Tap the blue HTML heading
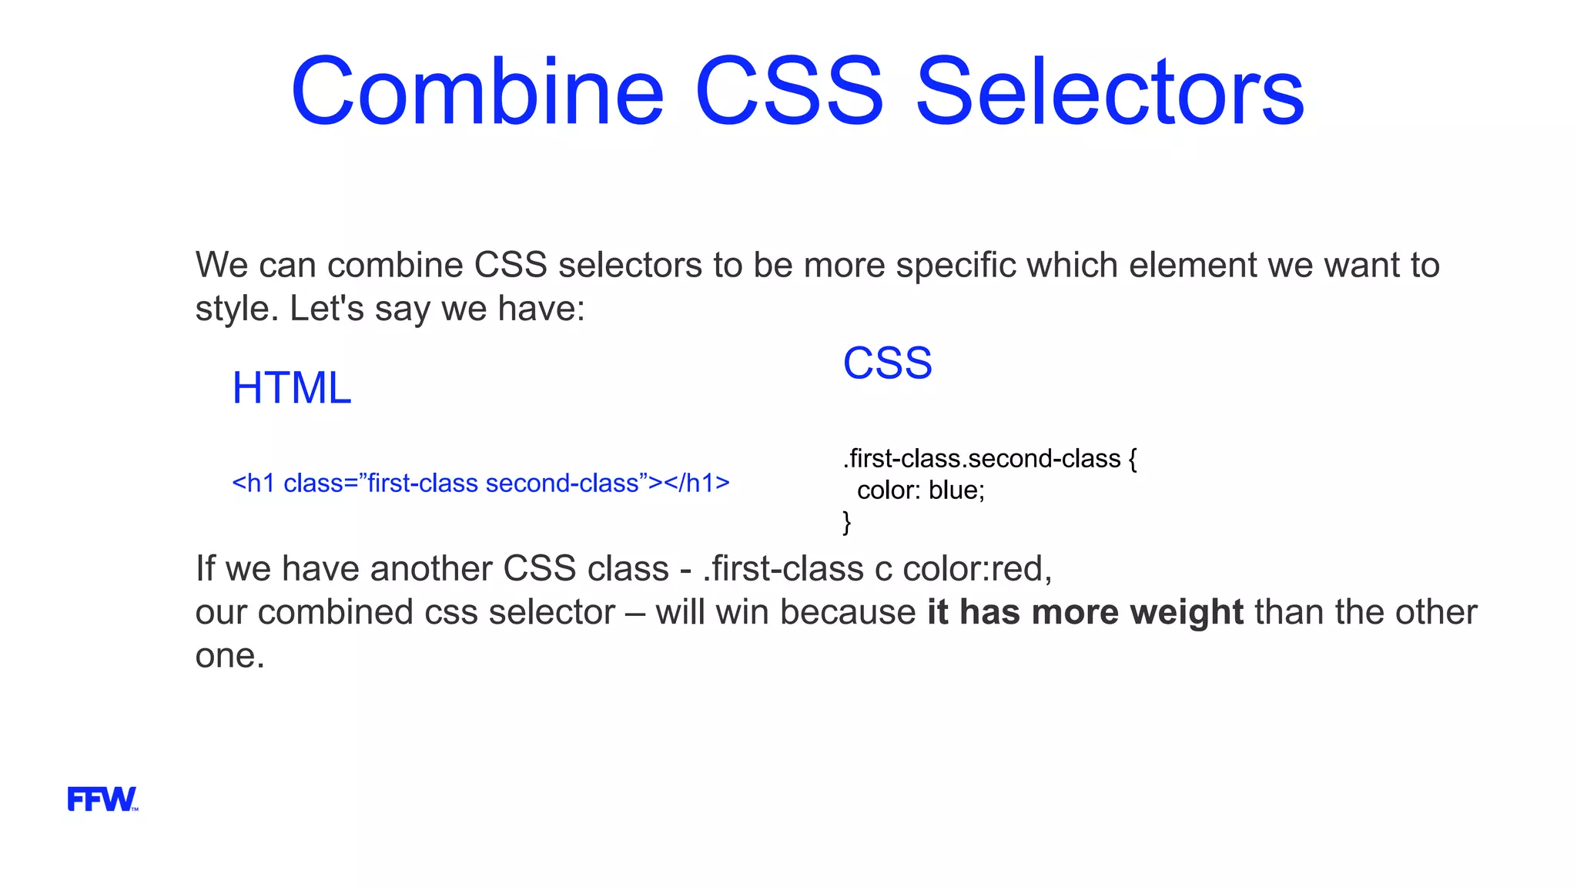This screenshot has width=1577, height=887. [292, 387]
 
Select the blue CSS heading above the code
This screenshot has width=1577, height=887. [887, 363]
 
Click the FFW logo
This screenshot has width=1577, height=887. [102, 799]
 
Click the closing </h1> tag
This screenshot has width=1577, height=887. [697, 484]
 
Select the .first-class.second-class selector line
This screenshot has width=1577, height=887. [982, 459]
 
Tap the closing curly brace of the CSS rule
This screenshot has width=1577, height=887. [847, 522]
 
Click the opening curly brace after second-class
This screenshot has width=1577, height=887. [1132, 459]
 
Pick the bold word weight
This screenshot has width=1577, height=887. [1186, 612]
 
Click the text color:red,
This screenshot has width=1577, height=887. [977, 568]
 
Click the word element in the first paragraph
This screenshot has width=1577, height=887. [1193, 265]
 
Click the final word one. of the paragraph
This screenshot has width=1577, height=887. [229, 656]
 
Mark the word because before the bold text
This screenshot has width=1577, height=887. [847, 612]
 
